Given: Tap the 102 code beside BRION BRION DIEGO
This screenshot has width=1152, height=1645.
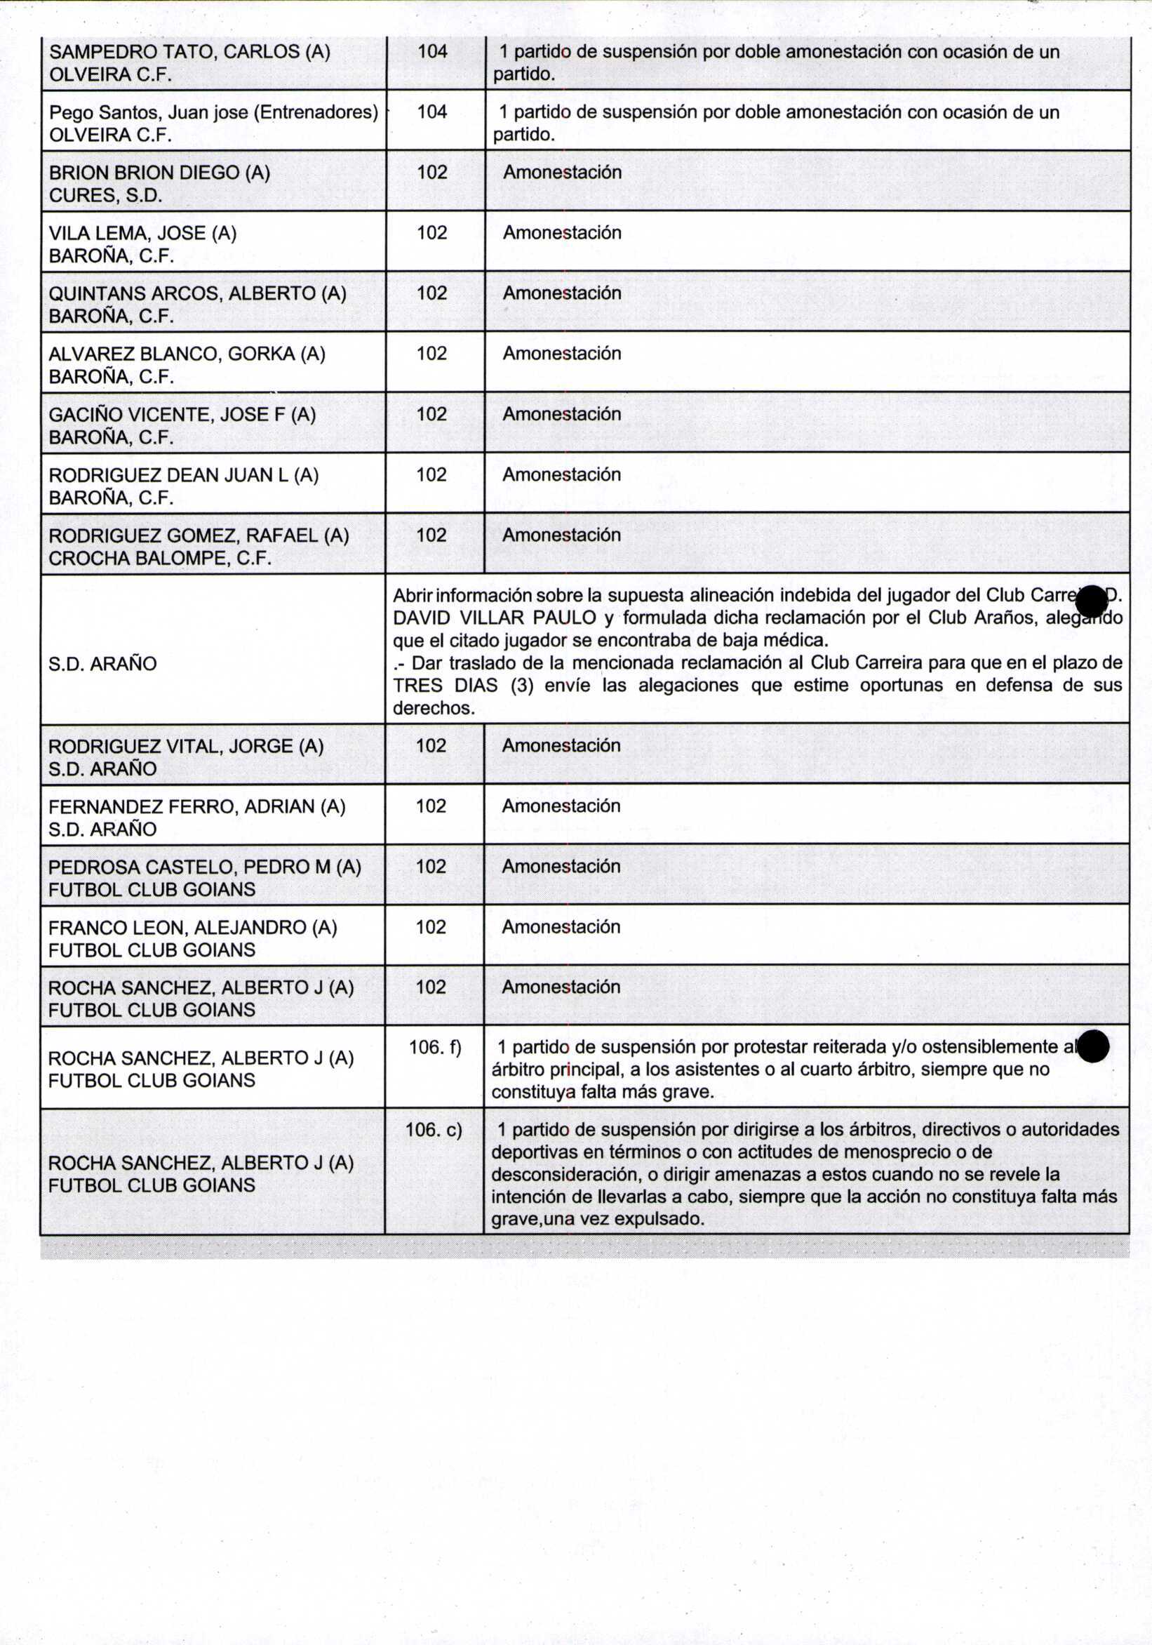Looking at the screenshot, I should click(432, 172).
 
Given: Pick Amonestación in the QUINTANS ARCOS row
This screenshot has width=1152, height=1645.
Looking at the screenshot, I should click(562, 293).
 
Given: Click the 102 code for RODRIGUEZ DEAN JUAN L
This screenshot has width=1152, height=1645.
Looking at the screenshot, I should click(431, 474).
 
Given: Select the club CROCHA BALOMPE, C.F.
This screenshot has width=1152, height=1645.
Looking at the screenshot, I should click(160, 558).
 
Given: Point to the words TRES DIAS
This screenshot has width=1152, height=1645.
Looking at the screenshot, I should click(445, 685).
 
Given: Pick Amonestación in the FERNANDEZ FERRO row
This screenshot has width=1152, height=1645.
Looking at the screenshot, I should click(561, 806).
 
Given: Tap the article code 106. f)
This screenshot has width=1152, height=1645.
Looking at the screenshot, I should click(435, 1048).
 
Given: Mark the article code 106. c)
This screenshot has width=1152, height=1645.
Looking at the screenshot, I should click(434, 1130).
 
